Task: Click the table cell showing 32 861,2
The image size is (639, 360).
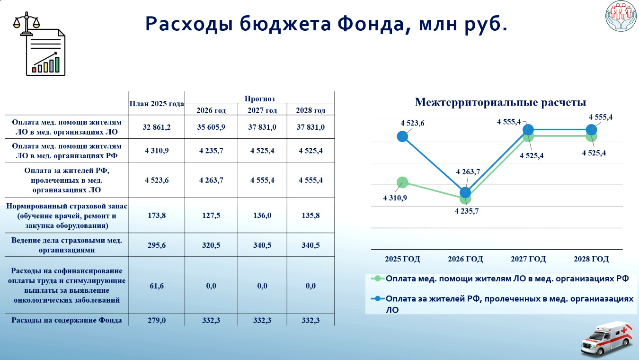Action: (x=157, y=127)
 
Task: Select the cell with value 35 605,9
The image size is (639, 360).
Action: (x=211, y=127)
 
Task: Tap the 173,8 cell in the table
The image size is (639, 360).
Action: (x=157, y=215)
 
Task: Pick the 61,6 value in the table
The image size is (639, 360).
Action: (x=157, y=286)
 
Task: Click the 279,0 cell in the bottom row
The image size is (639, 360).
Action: (x=157, y=320)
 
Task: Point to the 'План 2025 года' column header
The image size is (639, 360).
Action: (x=157, y=104)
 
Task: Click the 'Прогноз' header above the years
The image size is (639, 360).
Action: (x=259, y=99)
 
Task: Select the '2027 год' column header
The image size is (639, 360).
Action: (x=262, y=110)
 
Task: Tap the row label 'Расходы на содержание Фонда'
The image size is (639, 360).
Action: (x=66, y=320)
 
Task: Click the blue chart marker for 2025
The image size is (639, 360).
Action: (x=402, y=136)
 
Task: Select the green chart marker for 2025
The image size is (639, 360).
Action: (x=402, y=182)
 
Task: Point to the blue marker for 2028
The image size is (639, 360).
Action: (x=591, y=130)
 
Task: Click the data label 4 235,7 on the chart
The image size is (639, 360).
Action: (x=467, y=211)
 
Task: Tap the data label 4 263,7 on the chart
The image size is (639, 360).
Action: (x=468, y=172)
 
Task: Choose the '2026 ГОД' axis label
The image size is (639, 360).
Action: (x=465, y=259)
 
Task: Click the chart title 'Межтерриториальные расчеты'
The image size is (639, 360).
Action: (x=500, y=102)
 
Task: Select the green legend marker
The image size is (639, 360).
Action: (x=378, y=279)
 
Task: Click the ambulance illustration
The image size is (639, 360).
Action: (x=606, y=339)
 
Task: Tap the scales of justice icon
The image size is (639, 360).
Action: (x=26, y=23)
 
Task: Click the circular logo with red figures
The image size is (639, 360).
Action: (x=621, y=16)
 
